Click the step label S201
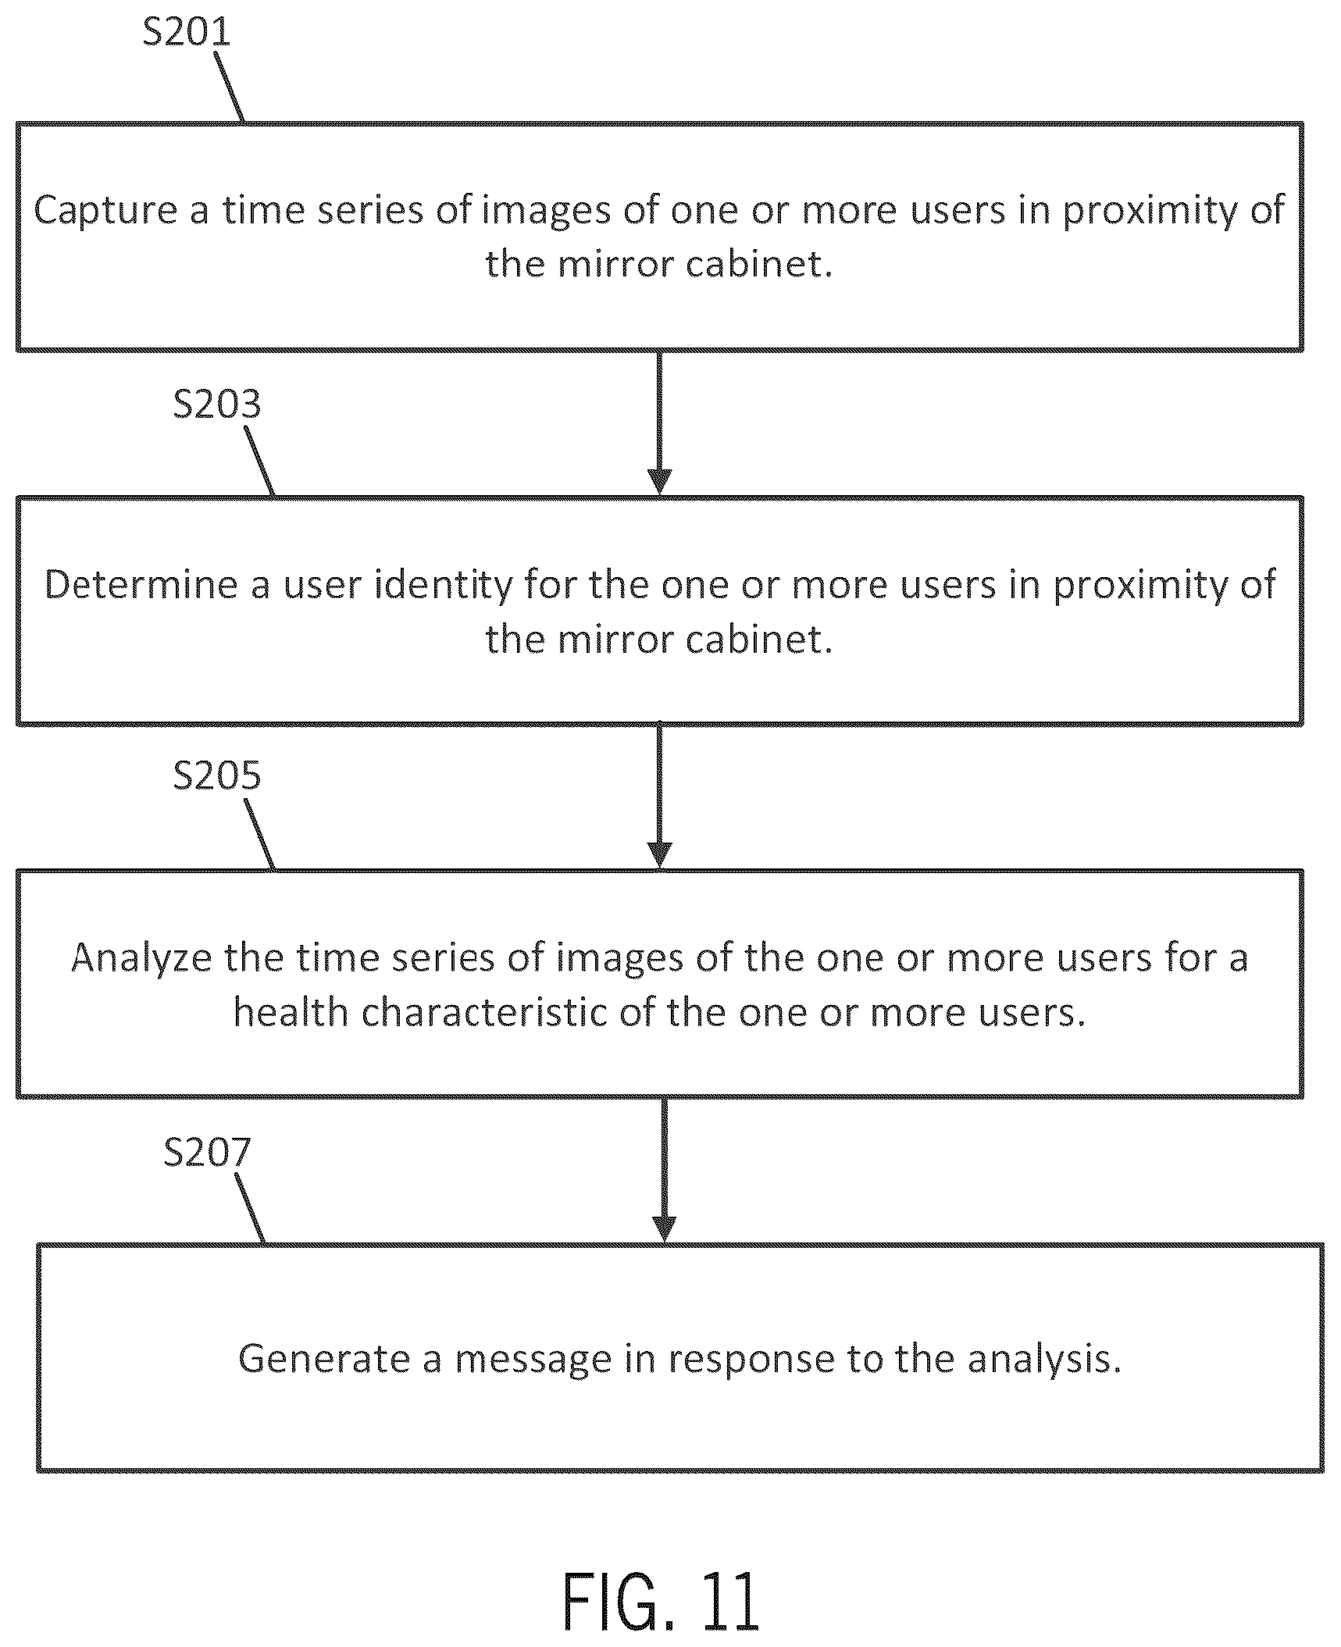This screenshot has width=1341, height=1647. click(x=187, y=31)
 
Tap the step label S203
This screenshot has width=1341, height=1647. click(x=217, y=405)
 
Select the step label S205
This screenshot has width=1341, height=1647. click(x=217, y=775)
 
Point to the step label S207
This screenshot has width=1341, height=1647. click(x=208, y=1152)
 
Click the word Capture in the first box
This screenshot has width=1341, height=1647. click(x=105, y=211)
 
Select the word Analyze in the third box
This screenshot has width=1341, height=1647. click(x=141, y=958)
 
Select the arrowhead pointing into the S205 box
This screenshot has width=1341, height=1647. click(x=660, y=857)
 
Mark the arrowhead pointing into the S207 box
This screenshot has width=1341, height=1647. click(x=664, y=1230)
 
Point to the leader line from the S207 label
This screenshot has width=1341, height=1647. click(x=250, y=1208)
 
